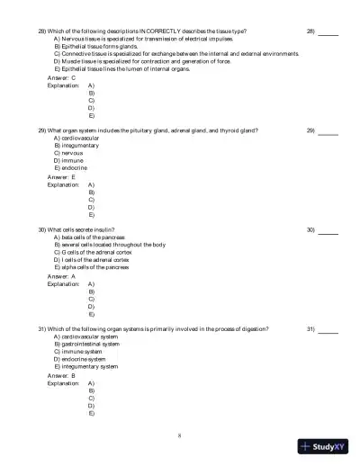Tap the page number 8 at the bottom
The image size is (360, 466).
click(x=180, y=435)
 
